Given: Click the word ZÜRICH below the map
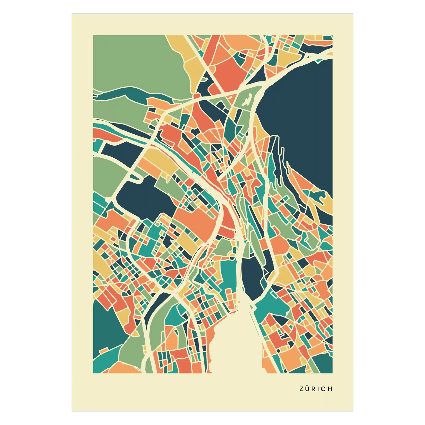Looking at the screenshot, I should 316,389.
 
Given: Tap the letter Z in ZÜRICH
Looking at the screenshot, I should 301,389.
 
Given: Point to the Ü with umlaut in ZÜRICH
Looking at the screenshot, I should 307,389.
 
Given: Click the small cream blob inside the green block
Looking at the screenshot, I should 247,100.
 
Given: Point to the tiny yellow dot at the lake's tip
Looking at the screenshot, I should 239,302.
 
